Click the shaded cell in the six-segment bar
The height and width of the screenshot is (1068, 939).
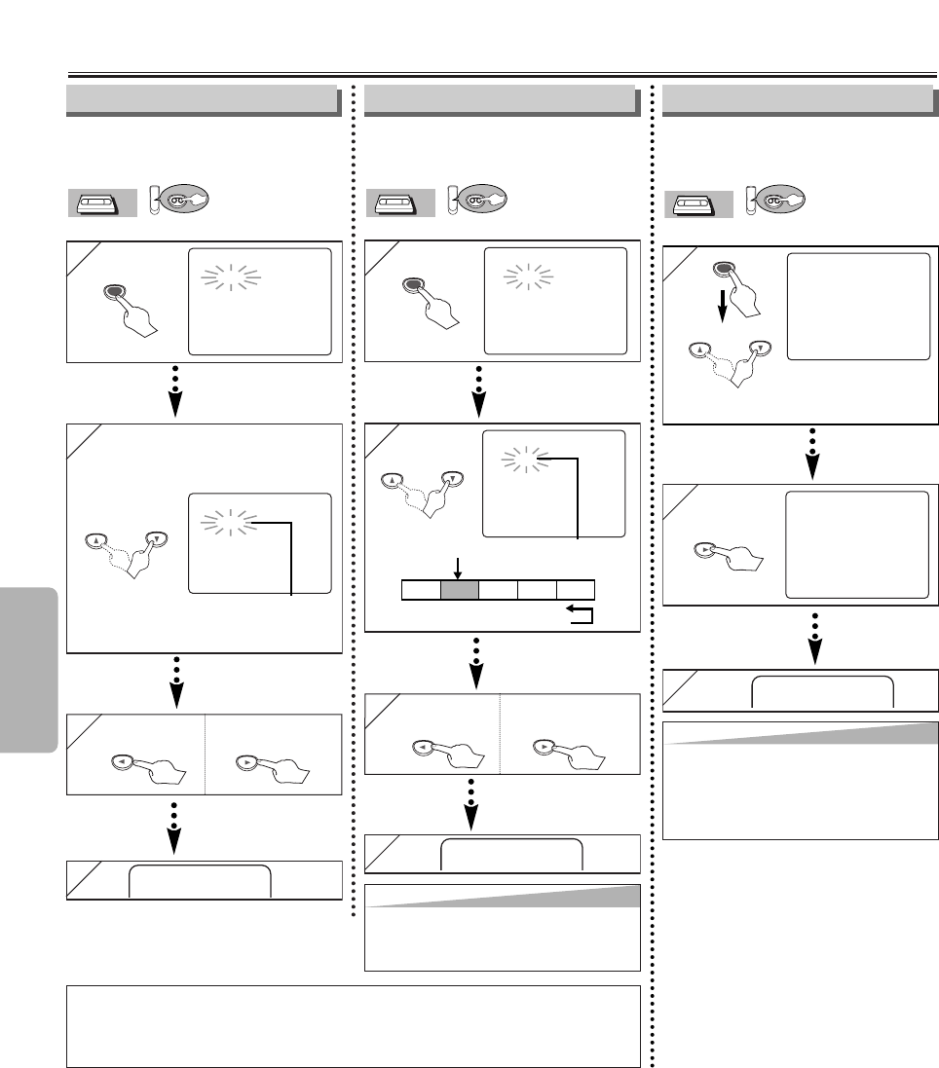tap(460, 589)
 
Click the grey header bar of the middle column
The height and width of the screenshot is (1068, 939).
tap(500, 98)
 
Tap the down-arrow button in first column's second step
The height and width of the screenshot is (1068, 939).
tap(154, 538)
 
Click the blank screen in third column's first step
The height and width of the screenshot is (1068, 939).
tap(857, 307)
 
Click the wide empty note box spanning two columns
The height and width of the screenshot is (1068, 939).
tap(354, 1026)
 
